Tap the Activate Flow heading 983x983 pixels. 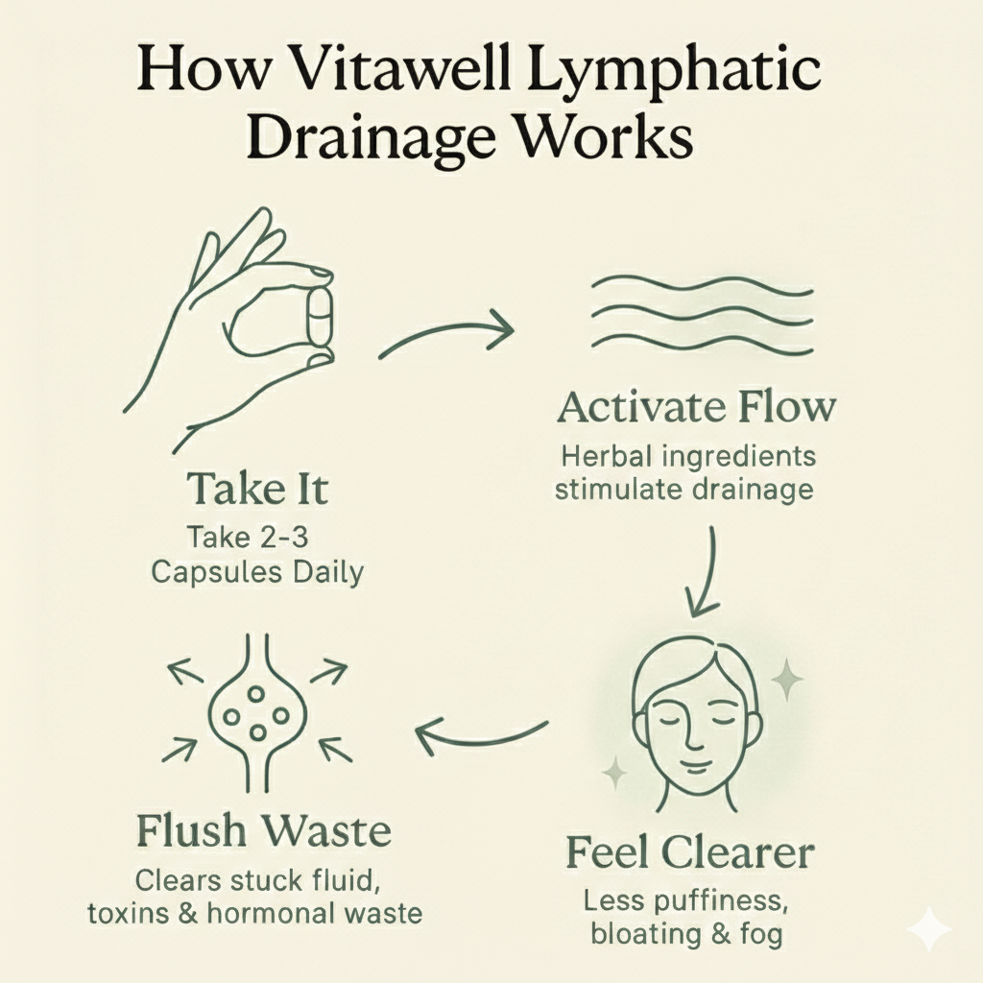696,407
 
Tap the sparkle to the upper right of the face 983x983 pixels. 787,680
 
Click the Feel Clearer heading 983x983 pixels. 689,851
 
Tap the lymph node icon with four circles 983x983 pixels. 256,712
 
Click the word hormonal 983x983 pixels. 273,912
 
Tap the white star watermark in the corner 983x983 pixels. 928,929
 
